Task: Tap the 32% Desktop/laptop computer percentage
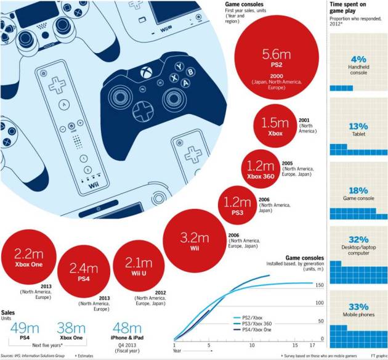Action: (x=358, y=240)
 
